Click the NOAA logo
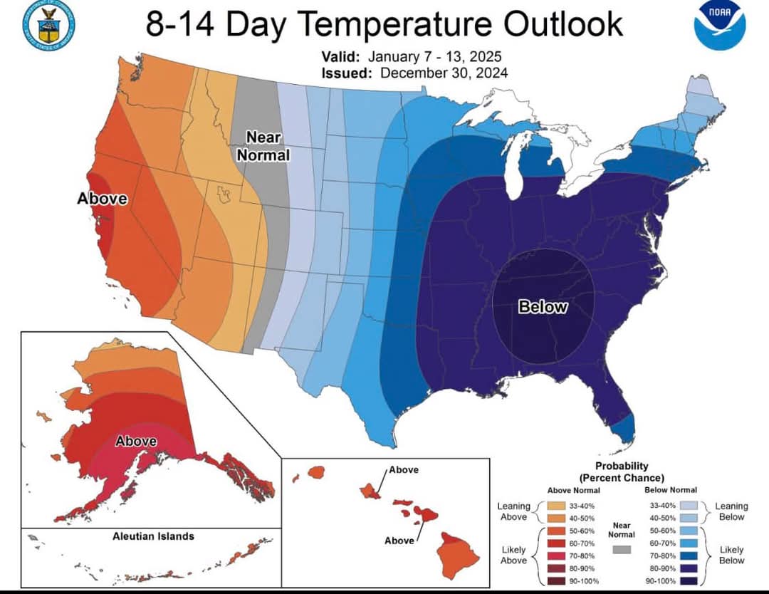click(719, 25)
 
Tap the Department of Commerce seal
click(49, 25)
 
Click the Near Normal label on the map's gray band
click(267, 145)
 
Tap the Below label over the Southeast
click(543, 307)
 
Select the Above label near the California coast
click(102, 199)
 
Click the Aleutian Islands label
click(153, 536)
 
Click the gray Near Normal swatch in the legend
click(622, 549)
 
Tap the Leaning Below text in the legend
click(731, 511)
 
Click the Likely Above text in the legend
click(513, 555)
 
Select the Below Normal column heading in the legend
click(670, 490)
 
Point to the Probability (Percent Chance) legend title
click(622, 471)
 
